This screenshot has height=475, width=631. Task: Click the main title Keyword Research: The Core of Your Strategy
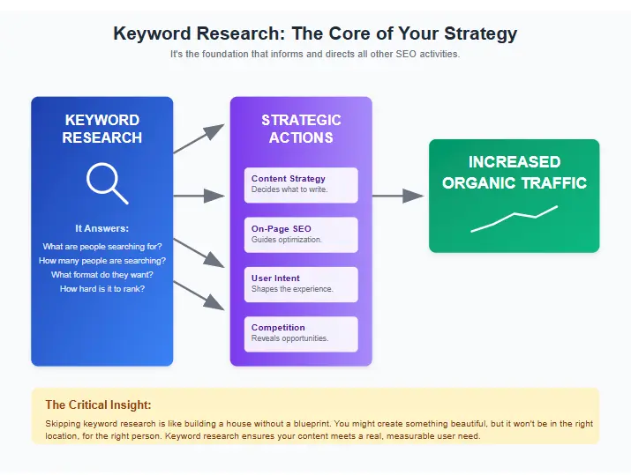(315, 33)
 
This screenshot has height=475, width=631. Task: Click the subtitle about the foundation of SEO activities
(315, 54)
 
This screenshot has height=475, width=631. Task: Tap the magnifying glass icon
(106, 182)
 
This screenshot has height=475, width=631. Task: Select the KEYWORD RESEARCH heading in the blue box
(101, 129)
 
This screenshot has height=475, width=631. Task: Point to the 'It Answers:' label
(101, 228)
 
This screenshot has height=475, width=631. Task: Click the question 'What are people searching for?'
(101, 247)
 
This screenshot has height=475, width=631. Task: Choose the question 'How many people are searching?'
(101, 261)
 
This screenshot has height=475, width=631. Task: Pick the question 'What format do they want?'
(101, 275)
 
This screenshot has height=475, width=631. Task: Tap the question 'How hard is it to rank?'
(101, 289)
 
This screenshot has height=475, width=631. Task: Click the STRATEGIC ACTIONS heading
(301, 129)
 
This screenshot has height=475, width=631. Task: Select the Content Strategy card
(301, 184)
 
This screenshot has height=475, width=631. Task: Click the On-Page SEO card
(301, 234)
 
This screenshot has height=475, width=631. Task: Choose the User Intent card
(301, 284)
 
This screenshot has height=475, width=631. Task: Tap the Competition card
(301, 333)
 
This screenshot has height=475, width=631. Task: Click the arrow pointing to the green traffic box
(399, 196)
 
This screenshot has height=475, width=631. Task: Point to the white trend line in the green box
(514, 218)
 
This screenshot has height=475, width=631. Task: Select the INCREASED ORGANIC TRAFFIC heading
(514, 173)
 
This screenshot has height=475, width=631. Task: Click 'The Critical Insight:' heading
(98, 405)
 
